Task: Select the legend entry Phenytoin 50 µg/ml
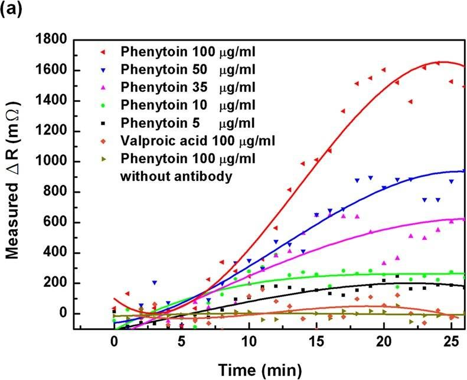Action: (x=188, y=69)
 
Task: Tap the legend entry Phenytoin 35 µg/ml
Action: (x=188, y=87)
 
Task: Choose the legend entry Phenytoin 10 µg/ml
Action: (x=188, y=105)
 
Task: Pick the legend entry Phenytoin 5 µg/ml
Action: (x=188, y=123)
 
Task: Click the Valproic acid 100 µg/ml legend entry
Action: (x=197, y=141)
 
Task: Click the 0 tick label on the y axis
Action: (x=62, y=313)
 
